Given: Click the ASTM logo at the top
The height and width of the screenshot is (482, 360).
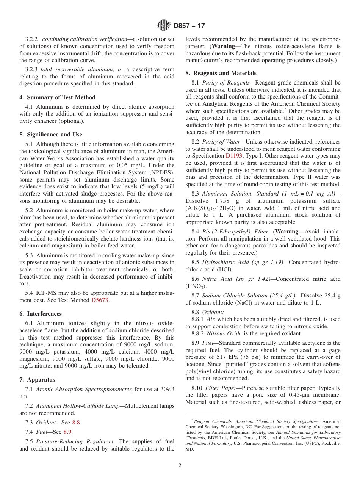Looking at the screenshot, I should coord(164,26).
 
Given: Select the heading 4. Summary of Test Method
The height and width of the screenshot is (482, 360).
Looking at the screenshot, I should coord(57,97).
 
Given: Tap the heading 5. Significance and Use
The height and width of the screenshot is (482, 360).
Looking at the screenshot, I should coord(50,135).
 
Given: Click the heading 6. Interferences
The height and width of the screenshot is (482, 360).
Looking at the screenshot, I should coord(40,314).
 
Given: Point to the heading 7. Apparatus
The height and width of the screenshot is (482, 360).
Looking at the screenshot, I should coord(37,380).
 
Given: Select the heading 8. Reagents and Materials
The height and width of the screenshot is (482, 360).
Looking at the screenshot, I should coord(221,73).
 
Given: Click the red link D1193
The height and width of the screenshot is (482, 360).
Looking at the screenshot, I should coord(233,156).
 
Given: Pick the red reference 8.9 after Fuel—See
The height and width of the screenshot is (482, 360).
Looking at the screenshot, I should coord(67,432).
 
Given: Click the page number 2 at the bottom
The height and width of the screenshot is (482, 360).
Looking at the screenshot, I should coord(180,466).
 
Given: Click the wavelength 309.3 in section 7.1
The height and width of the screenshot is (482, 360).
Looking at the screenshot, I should coord(166,389).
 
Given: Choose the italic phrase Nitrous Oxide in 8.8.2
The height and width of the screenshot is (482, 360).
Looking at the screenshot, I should coord(222,333).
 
